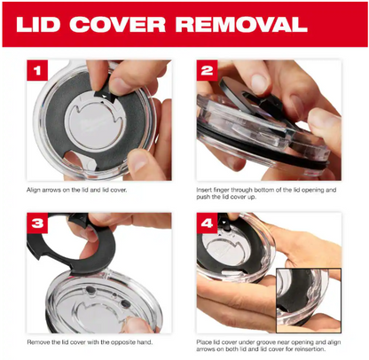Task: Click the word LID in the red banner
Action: point(38,24)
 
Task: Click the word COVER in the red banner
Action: point(118,24)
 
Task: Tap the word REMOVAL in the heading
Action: point(241,24)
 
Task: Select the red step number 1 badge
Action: point(37,70)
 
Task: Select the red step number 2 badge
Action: point(207,70)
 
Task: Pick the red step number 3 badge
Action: point(37,223)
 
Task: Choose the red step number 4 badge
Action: point(207,223)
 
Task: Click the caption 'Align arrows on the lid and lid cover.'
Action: point(76,190)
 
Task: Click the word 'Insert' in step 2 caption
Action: point(204,190)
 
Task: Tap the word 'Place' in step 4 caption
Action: point(203,342)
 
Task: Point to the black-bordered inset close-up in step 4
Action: point(309,300)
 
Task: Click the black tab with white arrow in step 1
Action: point(106,94)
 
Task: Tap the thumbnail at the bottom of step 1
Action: point(138,161)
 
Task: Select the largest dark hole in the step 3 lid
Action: point(126,303)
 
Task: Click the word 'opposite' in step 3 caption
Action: point(123,342)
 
